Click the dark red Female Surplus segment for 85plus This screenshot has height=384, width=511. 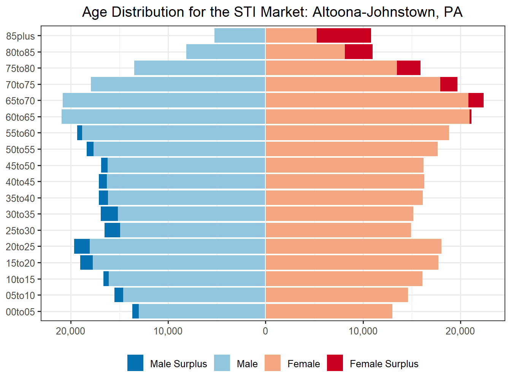(344, 35)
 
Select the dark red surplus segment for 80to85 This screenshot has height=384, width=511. (359, 52)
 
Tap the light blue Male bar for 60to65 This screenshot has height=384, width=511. (163, 117)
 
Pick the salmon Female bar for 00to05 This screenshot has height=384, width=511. (329, 311)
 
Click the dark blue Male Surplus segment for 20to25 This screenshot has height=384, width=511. (82, 246)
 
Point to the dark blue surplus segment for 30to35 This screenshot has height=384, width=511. (109, 214)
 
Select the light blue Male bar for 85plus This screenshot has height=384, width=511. (240, 35)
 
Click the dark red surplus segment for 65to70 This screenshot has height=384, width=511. (476, 100)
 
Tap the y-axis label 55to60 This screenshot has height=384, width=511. (20, 133)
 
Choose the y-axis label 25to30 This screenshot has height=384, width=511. (20, 231)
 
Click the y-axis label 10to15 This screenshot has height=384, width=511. (20, 280)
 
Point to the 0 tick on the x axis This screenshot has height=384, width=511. (265, 331)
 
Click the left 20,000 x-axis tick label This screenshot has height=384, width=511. (70, 331)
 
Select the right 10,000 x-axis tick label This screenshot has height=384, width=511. (363, 331)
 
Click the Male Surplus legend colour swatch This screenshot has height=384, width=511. (135, 363)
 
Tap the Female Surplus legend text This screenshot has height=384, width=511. (384, 364)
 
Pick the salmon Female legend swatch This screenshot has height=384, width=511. (272, 363)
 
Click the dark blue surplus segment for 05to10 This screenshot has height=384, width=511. (119, 295)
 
